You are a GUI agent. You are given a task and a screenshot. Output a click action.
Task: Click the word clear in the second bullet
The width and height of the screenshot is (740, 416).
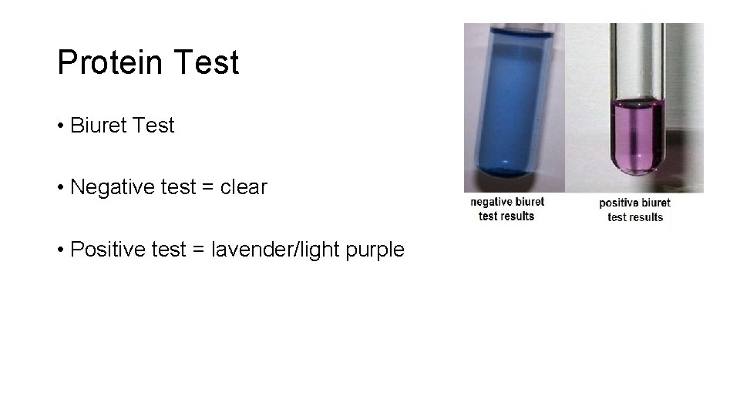[240, 187]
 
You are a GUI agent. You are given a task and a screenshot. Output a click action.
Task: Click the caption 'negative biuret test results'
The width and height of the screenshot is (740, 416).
[507, 209]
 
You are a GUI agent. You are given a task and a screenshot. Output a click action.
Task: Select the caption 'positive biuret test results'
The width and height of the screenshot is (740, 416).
[635, 210]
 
